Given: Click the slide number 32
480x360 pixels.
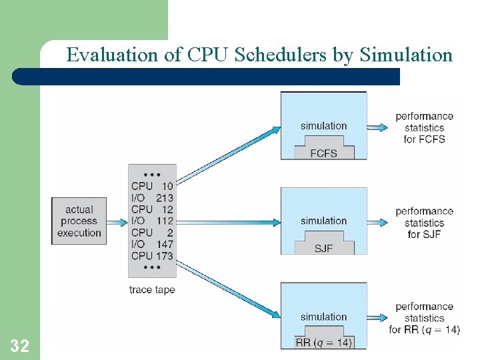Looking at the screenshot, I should point(19,345).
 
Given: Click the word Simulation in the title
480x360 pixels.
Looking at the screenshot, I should point(406,55).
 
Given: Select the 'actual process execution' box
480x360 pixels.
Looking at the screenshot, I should point(79,221).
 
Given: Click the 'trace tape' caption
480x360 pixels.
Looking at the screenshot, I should point(152,289).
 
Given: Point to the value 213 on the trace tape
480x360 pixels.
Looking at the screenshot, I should point(164,197).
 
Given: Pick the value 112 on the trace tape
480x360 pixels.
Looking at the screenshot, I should point(164,221).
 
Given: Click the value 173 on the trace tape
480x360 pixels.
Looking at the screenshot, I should point(164,255).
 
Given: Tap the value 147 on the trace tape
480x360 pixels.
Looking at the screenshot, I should point(164,244).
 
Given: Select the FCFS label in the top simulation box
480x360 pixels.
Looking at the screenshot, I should point(323,153).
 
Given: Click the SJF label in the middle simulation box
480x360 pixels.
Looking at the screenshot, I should point(323,249).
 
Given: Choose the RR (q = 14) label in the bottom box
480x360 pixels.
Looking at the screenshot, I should point(323,343).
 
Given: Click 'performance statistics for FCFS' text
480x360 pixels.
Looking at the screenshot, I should point(424,127).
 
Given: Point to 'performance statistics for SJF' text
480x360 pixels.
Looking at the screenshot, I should point(424,223).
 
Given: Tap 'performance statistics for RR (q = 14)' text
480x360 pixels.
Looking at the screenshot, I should point(424,318).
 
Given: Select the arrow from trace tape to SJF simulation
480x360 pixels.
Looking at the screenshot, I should point(227,221).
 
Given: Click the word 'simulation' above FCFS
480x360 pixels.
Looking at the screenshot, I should point(323,126).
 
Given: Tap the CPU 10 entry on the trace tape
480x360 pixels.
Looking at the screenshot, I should point(152,186).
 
